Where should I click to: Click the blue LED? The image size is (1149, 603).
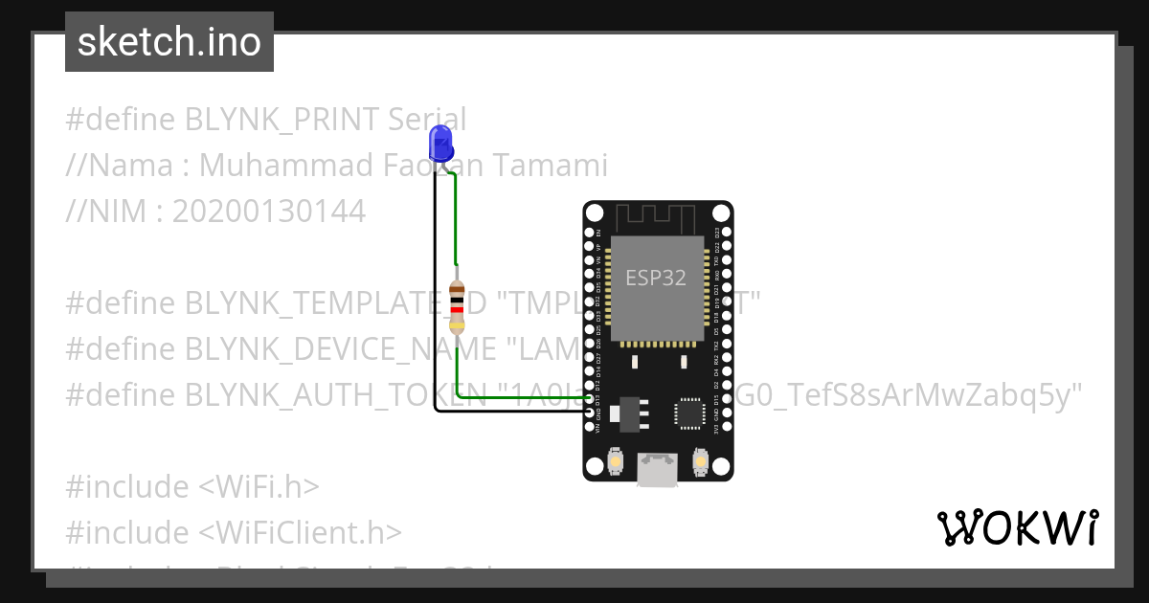point(440,142)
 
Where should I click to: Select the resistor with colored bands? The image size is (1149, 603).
point(458,306)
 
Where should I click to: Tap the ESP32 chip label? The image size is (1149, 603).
point(656,278)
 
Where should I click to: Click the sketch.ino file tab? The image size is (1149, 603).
point(169,42)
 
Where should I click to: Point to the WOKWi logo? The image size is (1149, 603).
point(1017,527)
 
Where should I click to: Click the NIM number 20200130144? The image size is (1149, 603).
point(268,212)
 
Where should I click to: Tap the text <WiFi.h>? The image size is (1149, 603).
point(259,487)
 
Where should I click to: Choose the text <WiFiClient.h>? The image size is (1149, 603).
point(301,532)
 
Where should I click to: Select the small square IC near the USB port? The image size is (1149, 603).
point(688,413)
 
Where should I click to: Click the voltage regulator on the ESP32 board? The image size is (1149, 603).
point(630,412)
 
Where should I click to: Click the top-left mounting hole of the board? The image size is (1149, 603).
point(594,212)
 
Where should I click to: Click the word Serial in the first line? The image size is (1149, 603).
point(427,120)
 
